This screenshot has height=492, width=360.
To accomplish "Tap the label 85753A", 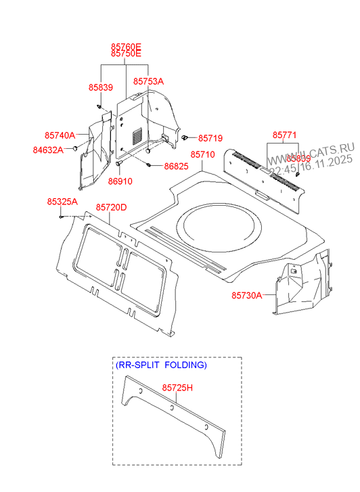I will click(148, 81).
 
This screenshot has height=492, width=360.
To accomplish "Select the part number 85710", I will click(202, 155).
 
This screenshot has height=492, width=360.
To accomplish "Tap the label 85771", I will click(285, 135).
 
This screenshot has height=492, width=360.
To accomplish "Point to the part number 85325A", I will click(62, 202).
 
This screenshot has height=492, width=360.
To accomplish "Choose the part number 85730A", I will click(247, 295).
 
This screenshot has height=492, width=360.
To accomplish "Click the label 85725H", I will click(177, 388).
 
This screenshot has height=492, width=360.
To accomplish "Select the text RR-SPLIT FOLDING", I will click(160, 365).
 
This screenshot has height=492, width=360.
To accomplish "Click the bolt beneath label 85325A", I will click(62, 217).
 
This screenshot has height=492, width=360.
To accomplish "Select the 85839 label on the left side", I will click(100, 88).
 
